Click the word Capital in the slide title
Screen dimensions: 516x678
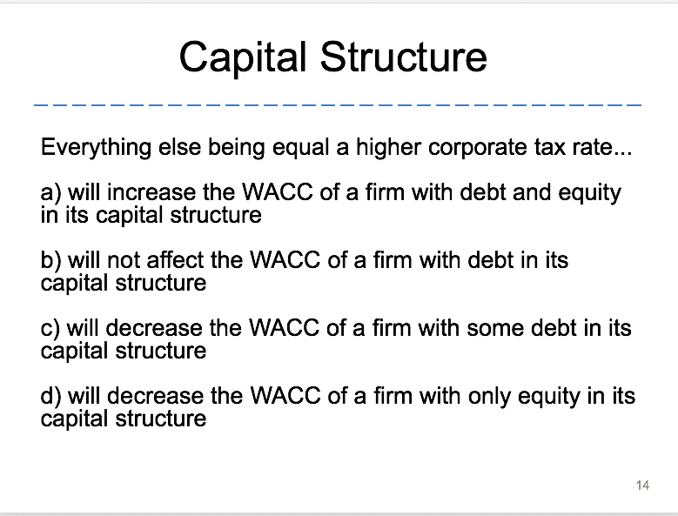[245, 57]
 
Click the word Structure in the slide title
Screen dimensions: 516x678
[404, 57]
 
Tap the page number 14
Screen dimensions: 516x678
[642, 486]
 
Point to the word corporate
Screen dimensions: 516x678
[480, 146]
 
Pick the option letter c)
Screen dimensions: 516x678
[50, 328]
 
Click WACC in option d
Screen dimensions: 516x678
[282, 396]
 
